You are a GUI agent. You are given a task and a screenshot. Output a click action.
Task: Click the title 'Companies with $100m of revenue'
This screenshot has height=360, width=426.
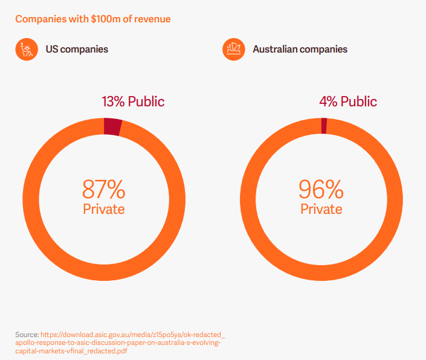[92, 19]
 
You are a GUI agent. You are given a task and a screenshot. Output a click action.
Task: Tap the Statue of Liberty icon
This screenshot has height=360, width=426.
[26, 49]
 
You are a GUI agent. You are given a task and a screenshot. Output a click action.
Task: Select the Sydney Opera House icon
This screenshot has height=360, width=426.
[233, 49]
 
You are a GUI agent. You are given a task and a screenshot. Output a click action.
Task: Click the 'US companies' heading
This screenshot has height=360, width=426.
[77, 49]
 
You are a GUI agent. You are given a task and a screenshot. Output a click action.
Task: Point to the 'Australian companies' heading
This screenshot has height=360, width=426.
[300, 49]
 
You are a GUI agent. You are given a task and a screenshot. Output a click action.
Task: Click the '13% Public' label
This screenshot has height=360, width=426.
[132, 101]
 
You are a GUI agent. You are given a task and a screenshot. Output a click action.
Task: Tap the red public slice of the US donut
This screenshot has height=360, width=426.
[112, 126]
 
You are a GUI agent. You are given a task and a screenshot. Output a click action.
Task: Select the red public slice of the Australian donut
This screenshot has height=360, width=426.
[324, 126]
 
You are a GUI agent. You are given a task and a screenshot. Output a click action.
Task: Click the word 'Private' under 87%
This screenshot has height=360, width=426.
[104, 209]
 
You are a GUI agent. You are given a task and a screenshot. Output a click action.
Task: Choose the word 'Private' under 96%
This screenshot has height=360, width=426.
[321, 209]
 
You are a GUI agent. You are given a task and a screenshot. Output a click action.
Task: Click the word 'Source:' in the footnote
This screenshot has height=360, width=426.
[27, 334]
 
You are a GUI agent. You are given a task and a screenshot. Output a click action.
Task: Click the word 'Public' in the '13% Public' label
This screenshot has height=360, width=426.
[145, 101]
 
